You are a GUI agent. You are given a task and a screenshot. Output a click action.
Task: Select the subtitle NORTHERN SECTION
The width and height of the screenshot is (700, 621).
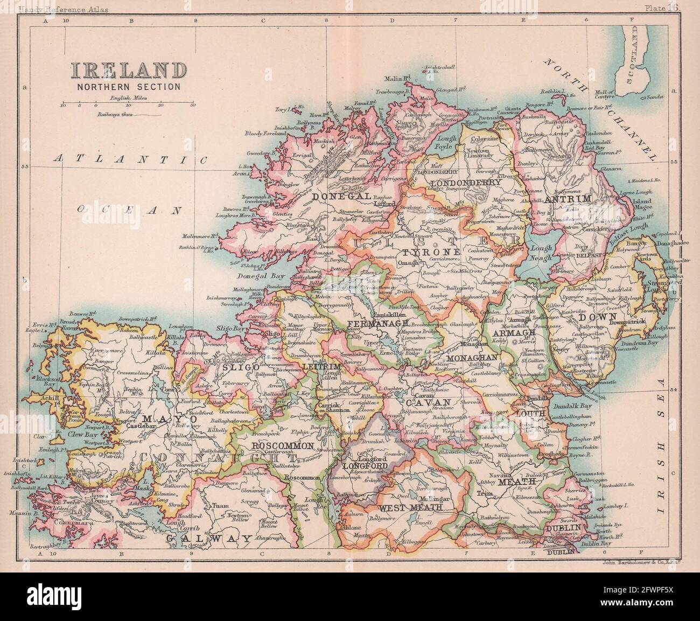tap(127, 86)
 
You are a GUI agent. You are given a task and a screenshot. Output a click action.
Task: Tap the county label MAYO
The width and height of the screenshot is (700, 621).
tap(161, 417)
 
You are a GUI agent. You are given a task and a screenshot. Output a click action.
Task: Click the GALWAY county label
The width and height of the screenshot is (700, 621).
tap(208, 538)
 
